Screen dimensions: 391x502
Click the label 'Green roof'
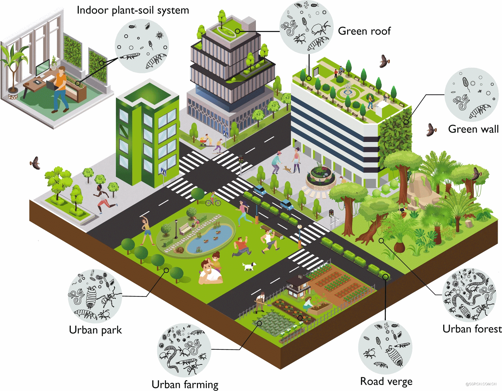(364, 31)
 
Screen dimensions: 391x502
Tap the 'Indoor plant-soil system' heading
(133, 10)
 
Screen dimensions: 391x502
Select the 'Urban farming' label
(185, 384)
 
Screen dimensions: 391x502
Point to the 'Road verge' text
(386, 381)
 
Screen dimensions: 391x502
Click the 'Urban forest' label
(472, 329)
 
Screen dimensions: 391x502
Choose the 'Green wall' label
(473, 129)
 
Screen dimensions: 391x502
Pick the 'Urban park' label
(95, 330)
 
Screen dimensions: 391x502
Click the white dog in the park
(249, 266)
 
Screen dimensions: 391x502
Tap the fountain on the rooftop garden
(348, 90)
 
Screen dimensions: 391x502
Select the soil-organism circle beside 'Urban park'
(95, 296)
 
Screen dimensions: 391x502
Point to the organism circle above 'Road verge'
(385, 347)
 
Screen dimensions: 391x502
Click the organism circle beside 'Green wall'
(471, 95)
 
